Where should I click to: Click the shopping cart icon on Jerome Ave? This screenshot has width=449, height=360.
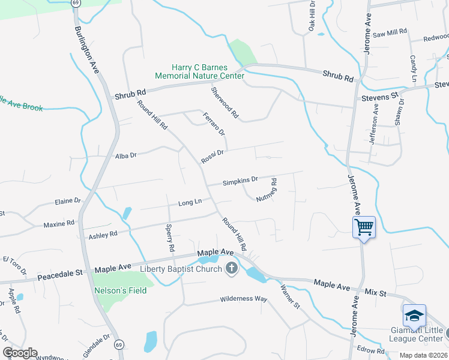point(364,227)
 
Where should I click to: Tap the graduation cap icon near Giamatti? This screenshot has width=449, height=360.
point(414,316)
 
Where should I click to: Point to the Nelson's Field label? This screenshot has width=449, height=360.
point(120,290)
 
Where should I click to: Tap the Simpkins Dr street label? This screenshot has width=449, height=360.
point(240,180)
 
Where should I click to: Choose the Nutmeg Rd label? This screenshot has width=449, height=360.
point(265,190)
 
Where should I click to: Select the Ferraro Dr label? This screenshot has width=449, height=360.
point(213,124)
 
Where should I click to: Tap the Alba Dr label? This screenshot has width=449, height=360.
point(126,155)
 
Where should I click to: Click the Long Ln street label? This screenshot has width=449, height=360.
point(190,203)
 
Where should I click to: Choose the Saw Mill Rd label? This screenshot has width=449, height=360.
point(390,33)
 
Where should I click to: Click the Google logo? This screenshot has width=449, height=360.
point(20,353)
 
